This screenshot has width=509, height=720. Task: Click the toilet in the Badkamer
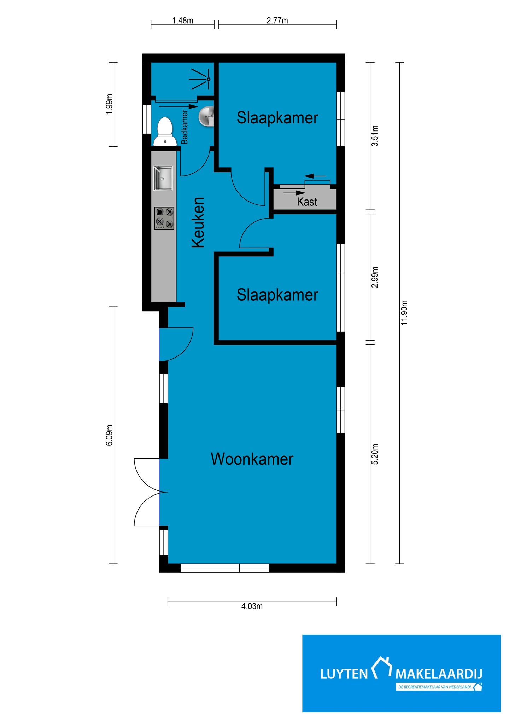pyautogui.click(x=165, y=131)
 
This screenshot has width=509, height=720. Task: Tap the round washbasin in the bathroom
pyautogui.click(x=207, y=116)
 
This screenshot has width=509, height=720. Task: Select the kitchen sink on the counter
pyautogui.click(x=163, y=178)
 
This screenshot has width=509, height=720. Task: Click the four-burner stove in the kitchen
pyautogui.click(x=164, y=218)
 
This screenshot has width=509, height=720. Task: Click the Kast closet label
pyautogui.click(x=307, y=202)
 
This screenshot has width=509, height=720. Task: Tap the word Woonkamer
pyautogui.click(x=252, y=459)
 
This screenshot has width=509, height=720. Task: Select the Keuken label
pyautogui.click(x=198, y=222)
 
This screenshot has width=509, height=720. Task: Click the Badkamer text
pyautogui.click(x=185, y=127)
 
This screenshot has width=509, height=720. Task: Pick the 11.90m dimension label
pyautogui.click(x=404, y=313)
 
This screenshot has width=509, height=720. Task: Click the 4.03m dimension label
pyautogui.click(x=252, y=606)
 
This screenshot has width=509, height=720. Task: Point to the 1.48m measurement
pyautogui.click(x=183, y=21)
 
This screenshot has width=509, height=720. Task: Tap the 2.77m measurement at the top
pyautogui.click(x=277, y=21)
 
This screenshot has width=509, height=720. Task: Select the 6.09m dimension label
pyautogui.click(x=110, y=435)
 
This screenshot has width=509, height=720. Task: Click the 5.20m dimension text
pyautogui.click(x=375, y=454)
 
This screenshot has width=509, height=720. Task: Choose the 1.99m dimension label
pyautogui.click(x=110, y=104)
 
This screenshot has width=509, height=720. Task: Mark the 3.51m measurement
pyautogui.click(x=375, y=136)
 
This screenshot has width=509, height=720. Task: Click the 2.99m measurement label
pyautogui.click(x=375, y=277)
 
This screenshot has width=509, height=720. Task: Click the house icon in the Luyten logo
pyautogui.click(x=382, y=668)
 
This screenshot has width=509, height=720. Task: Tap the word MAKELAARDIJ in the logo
pyautogui.click(x=439, y=674)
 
